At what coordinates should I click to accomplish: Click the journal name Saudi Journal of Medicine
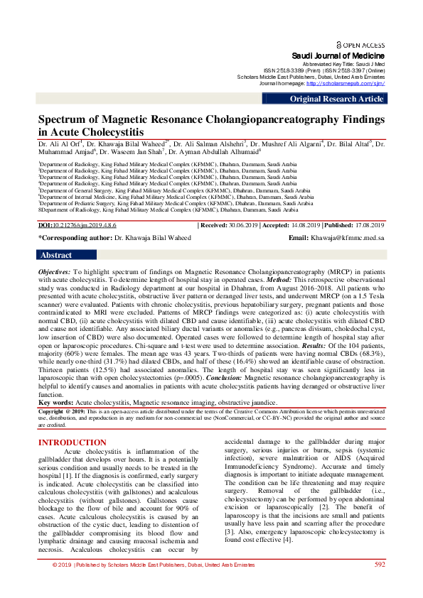click(x=338, y=55)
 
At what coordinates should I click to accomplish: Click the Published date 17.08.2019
click(x=370, y=224)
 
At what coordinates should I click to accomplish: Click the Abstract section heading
click(x=56, y=255)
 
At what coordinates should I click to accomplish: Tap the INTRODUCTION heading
click(x=72, y=442)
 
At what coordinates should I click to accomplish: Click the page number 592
click(x=380, y=584)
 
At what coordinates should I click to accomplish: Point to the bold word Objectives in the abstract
click(x=54, y=272)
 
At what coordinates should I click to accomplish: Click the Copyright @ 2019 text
click(x=65, y=411)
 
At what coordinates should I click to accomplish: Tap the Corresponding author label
click(x=65, y=238)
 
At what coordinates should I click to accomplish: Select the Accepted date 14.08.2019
click(x=305, y=224)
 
